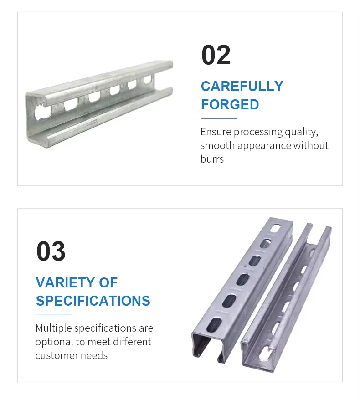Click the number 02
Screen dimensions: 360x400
(x=216, y=55)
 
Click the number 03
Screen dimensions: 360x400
(x=51, y=251)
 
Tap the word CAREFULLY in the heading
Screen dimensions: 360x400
(x=242, y=86)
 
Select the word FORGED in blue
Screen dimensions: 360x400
(x=230, y=104)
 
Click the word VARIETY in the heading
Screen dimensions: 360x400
(x=65, y=282)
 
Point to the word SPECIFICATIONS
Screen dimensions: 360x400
(x=93, y=301)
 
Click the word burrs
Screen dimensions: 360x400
(x=212, y=159)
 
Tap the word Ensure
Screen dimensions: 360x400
(x=216, y=132)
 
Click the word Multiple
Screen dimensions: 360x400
(x=54, y=328)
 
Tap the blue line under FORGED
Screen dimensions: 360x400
(x=219, y=118)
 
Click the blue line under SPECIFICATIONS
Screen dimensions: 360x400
(x=54, y=315)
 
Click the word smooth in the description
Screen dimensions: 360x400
(x=217, y=145)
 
